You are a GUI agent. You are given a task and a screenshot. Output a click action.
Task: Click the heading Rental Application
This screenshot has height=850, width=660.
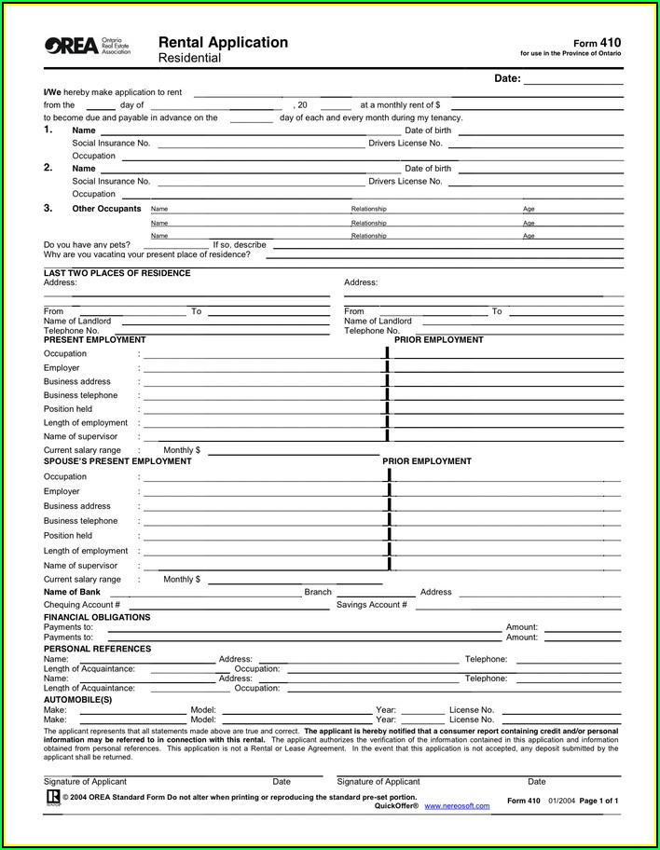pyautogui.click(x=223, y=42)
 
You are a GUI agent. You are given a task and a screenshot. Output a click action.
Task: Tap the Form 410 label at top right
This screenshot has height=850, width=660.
pyautogui.click(x=597, y=43)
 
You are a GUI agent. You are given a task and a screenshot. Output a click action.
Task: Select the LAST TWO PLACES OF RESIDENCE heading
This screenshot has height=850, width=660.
pyautogui.click(x=117, y=273)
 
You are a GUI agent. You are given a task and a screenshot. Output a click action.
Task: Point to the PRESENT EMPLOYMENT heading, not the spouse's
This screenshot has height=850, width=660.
pyautogui.click(x=94, y=340)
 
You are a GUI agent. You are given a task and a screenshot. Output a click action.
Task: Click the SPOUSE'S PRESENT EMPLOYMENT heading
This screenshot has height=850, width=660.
pyautogui.click(x=117, y=461)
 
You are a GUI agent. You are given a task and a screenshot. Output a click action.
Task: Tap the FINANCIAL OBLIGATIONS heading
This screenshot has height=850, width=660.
pyautogui.click(x=97, y=617)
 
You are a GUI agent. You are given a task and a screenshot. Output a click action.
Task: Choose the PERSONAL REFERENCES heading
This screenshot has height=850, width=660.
pyautogui.click(x=97, y=649)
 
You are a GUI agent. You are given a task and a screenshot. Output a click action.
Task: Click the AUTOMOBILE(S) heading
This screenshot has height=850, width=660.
pyautogui.click(x=77, y=699)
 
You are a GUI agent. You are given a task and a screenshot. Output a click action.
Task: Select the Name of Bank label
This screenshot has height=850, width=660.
pyautogui.click(x=72, y=592)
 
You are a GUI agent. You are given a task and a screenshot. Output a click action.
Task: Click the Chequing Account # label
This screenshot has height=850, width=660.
pyautogui.click(x=82, y=605)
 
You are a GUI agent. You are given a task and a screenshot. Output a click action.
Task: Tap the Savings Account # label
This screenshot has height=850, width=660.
pyautogui.click(x=371, y=605)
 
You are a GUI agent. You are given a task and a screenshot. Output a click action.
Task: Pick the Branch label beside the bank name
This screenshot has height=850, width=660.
pyautogui.click(x=318, y=592)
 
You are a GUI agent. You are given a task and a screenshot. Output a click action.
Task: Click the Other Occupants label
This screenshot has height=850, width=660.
pyautogui.click(x=107, y=209)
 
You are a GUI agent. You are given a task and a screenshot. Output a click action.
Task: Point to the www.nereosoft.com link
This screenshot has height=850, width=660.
pyautogui.click(x=457, y=805)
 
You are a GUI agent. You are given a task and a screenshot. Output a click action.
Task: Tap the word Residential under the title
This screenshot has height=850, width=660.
pyautogui.click(x=189, y=58)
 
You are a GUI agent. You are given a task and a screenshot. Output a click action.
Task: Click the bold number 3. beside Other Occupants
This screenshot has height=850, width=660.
pyautogui.click(x=48, y=208)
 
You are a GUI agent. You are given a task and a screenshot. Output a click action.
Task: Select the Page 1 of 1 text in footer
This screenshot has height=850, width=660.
pyautogui.click(x=599, y=801)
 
